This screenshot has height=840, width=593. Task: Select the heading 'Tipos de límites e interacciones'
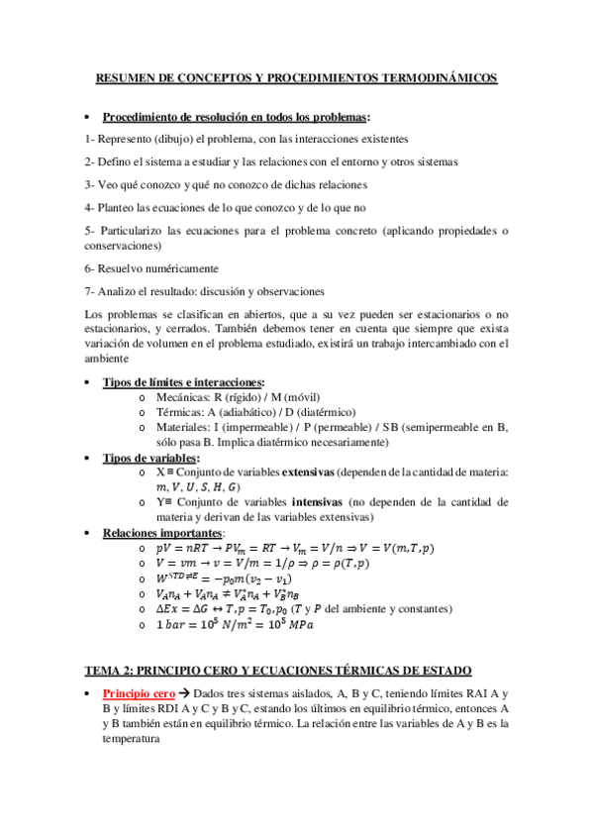[183, 382]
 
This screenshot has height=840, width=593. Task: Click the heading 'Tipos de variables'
[149, 458]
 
